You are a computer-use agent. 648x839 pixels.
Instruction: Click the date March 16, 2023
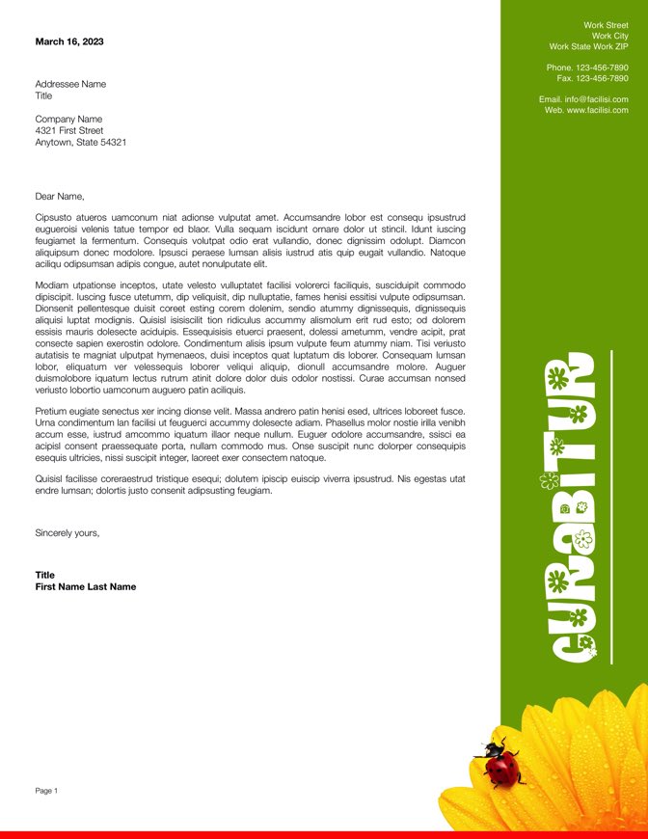coord(69,41)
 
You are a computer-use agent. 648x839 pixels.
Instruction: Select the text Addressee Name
coord(70,84)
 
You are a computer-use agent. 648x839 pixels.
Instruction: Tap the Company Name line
coord(68,119)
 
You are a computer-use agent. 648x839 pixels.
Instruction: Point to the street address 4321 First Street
coord(68,130)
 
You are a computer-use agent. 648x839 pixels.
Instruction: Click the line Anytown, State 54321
coord(80,142)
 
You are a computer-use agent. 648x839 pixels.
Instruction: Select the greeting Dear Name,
coord(60,196)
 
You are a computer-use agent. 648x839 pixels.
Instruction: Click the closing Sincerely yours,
coord(67,532)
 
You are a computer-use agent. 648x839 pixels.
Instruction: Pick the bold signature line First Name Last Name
coord(85,586)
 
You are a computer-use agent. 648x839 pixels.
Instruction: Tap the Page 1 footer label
coord(46,791)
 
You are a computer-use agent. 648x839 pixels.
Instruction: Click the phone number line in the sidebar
coord(587,68)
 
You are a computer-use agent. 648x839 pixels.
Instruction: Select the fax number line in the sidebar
coord(592,78)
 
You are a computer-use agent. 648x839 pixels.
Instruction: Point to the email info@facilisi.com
coord(596,99)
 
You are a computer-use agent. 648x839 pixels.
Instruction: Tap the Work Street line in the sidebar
coord(606,25)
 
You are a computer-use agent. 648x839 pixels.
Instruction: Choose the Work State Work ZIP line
coord(588,46)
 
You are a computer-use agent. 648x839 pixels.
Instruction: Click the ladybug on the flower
coord(501,764)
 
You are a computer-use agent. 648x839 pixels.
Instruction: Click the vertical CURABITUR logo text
coord(569,509)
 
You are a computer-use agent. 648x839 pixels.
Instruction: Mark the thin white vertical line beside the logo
coord(612,506)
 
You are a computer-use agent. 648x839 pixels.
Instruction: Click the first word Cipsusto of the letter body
coord(54,218)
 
